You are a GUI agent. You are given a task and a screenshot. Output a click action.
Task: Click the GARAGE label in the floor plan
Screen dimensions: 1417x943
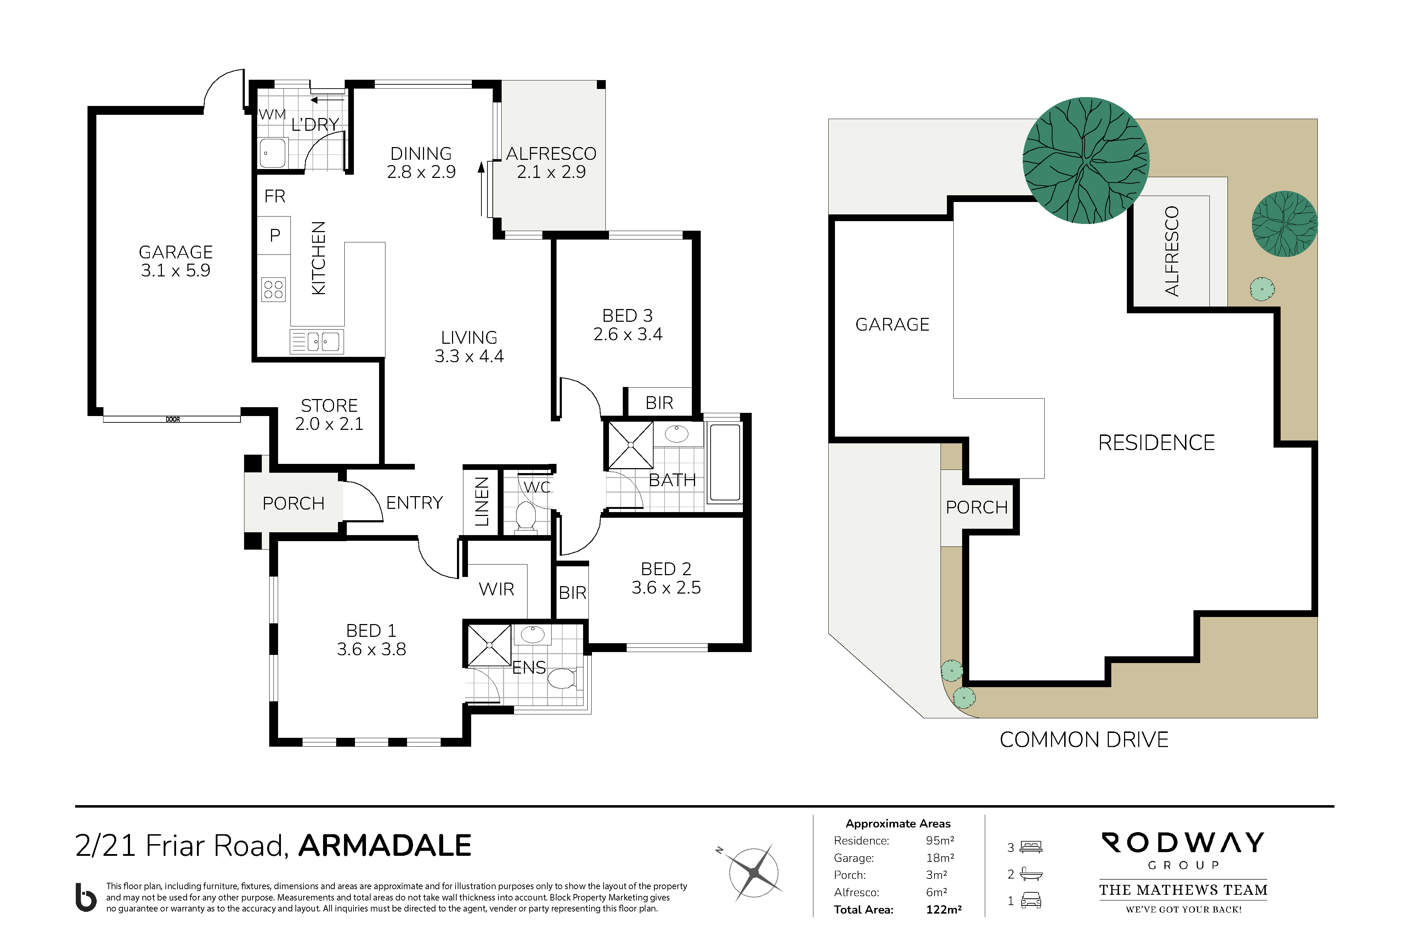pyautogui.click(x=176, y=261)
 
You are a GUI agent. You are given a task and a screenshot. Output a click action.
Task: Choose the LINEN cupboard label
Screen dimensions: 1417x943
pyautogui.click(x=481, y=501)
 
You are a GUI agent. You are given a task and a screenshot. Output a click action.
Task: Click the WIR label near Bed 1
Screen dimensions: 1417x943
pyautogui.click(x=497, y=589)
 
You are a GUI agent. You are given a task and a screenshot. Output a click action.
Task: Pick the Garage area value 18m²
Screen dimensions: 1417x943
pyautogui.click(x=940, y=858)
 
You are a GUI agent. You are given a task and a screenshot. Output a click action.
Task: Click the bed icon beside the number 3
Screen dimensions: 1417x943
pyautogui.click(x=1031, y=847)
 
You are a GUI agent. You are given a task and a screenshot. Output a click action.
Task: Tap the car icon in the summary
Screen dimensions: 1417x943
pyautogui.click(x=1031, y=900)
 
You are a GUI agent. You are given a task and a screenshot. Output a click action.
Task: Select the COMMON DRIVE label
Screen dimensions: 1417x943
pyautogui.click(x=1084, y=740)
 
